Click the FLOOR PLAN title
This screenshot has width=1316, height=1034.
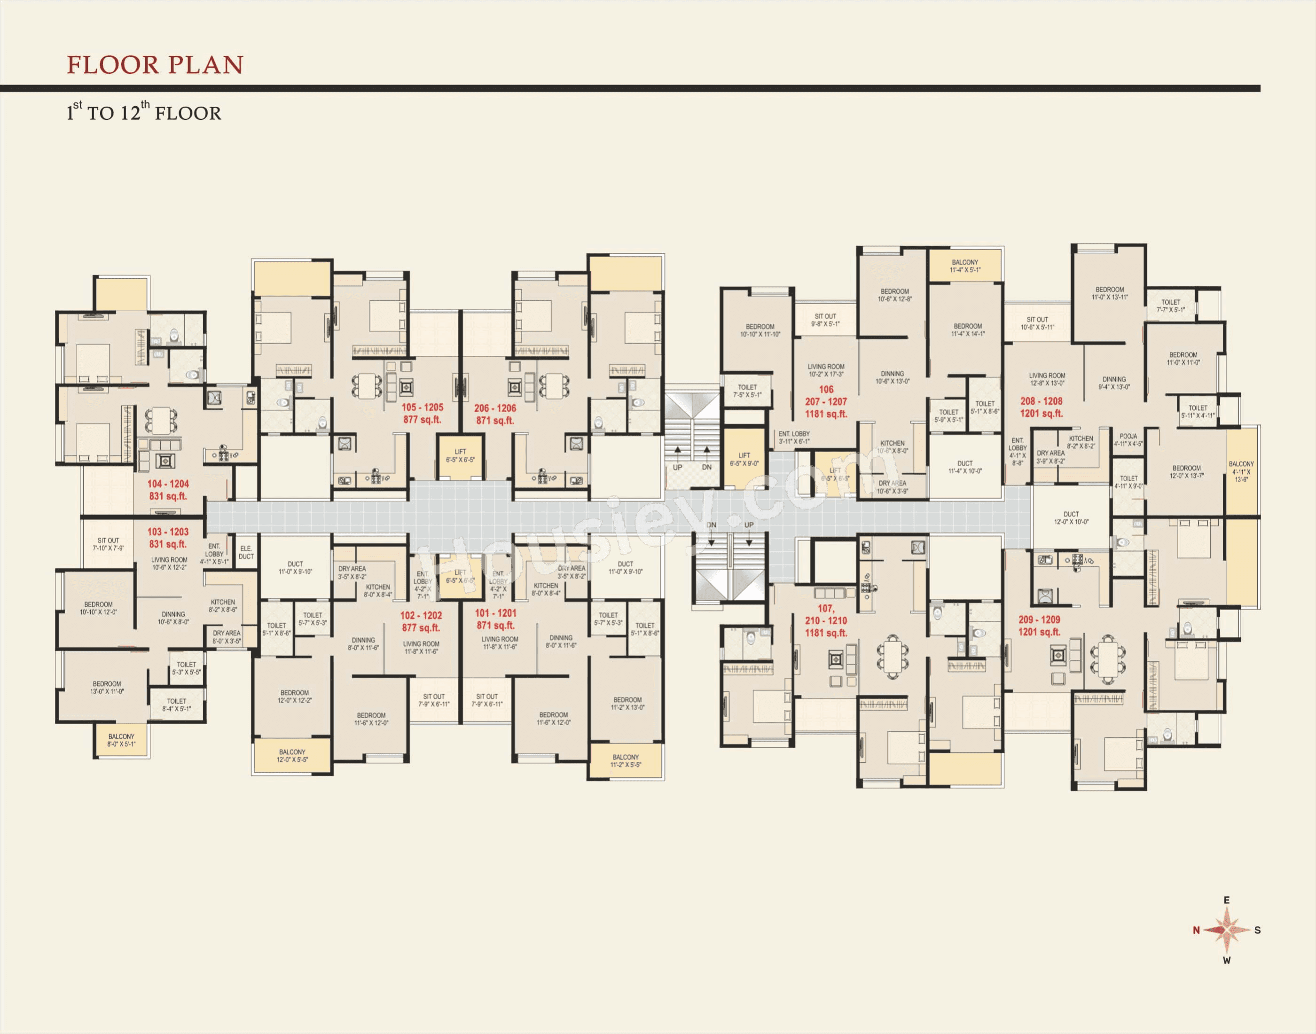point(155,65)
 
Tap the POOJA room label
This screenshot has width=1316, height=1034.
point(1128,439)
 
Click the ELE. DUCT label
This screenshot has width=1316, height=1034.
point(246,552)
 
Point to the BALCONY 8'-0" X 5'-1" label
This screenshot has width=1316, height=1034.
point(122,740)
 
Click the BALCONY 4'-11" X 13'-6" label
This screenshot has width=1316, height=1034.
point(1241,471)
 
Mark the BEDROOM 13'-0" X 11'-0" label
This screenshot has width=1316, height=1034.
point(107,687)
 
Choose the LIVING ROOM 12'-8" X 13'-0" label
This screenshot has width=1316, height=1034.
point(1047,379)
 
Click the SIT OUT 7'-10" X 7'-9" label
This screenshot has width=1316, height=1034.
point(109,544)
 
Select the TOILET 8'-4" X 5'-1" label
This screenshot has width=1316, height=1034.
point(177,705)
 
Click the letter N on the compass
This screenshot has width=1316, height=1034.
point(1196,930)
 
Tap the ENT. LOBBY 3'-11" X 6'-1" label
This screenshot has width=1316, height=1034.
point(794,437)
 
